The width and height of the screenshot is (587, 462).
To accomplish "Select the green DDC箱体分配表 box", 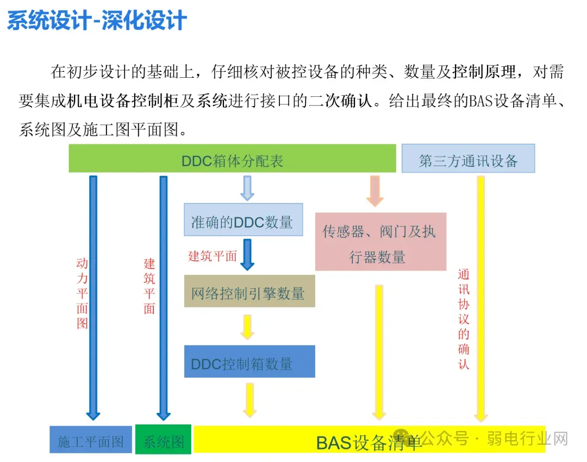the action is point(232,158).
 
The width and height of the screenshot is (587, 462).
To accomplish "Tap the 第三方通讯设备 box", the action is point(468,158).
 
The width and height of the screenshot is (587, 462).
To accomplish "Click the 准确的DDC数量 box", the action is point(243,219).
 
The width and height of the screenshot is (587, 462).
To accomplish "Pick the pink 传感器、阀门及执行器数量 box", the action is point(380,242).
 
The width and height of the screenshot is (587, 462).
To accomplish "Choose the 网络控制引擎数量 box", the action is point(249,291).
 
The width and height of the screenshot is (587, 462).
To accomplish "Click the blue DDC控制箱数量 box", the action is point(249,361).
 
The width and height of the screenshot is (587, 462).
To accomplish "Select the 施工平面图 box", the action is point(91,440).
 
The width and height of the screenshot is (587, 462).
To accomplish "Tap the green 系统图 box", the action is point(163,440).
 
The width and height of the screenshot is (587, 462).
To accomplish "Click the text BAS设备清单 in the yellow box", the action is point(369,443).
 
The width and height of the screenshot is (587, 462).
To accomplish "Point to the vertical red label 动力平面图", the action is point(82,293).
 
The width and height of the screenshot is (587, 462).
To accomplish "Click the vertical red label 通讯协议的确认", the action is point(464,319).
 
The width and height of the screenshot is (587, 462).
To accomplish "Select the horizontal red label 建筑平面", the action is point(213,256).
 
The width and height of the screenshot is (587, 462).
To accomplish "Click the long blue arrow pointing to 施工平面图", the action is point(93,298).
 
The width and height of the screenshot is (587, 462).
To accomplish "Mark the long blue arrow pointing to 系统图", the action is point(164,298).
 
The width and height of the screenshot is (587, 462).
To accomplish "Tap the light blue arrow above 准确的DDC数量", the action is point(247,188).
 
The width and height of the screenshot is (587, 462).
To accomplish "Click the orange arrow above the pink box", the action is point(374,191).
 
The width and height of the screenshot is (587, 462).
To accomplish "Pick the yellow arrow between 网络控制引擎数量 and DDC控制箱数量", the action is point(247,327).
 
